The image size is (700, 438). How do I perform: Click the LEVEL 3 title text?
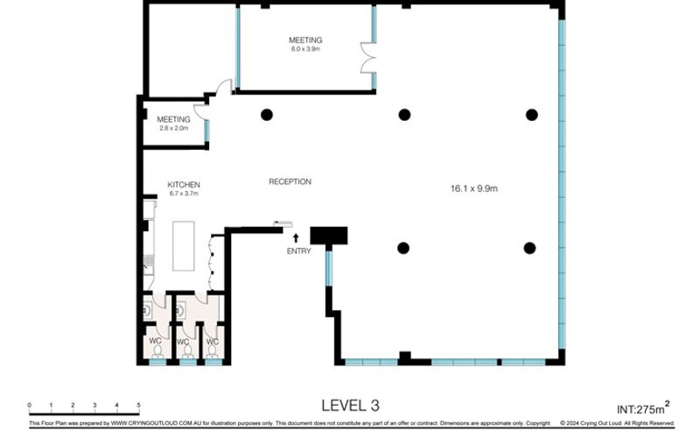pyautogui.click(x=350, y=405)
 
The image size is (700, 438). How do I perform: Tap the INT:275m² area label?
pyautogui.click(x=643, y=407)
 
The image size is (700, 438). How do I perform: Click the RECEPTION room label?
pyautogui.click(x=290, y=181)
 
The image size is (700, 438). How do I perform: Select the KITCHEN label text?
pyautogui.click(x=185, y=185)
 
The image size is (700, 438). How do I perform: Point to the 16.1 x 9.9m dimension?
pyautogui.click(x=473, y=187)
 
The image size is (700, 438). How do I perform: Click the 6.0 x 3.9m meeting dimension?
pyautogui.click(x=306, y=49)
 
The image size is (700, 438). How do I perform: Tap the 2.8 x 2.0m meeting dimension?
pyautogui.click(x=173, y=128)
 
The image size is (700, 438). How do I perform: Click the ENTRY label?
pyautogui.click(x=298, y=251)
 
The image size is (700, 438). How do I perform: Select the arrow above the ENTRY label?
pyautogui.click(x=296, y=237)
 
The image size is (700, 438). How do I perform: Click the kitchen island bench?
pyautogui.click(x=185, y=248)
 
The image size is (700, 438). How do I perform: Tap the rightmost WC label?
pyautogui.click(x=212, y=342)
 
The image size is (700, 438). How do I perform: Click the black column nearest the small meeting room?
pyautogui.click(x=267, y=114)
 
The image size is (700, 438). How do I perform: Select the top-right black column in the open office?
pyautogui.click(x=531, y=114)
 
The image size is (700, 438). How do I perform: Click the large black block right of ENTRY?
pyautogui.click(x=329, y=235)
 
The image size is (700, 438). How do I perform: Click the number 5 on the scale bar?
pyautogui.click(x=138, y=405)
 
